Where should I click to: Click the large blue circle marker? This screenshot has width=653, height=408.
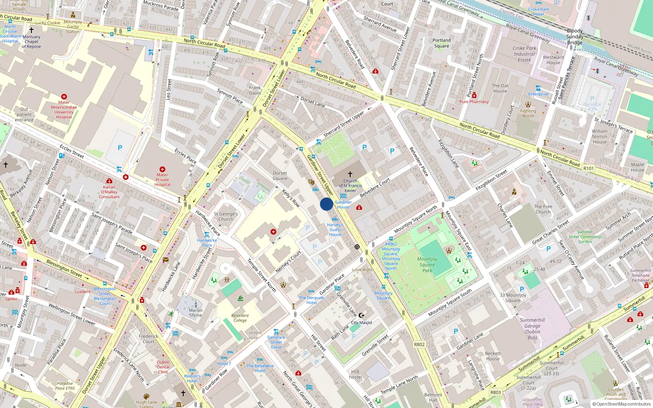[326, 204]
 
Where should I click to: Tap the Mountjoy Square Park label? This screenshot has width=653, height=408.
[427, 264]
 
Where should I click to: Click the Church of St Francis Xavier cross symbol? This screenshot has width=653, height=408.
[350, 174]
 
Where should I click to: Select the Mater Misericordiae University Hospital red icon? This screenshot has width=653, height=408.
[64, 97]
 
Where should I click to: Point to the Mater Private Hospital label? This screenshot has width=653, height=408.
[162, 180]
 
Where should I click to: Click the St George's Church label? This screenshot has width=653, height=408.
[226, 216]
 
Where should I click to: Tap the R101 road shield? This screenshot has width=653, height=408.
[588, 168]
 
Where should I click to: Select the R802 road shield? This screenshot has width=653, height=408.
[419, 344]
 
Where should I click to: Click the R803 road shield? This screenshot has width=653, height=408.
[495, 392]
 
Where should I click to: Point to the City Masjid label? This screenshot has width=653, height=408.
[361, 322]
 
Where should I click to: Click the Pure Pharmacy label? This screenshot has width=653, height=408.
[474, 102]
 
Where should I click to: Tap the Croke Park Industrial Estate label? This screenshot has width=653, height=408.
[524, 54]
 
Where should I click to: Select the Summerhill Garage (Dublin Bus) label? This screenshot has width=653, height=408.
[532, 328]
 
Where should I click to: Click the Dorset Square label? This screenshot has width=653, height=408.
[280, 175]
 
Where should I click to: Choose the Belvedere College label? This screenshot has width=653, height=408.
[240, 317]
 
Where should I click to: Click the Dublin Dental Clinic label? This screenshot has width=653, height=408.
[163, 367]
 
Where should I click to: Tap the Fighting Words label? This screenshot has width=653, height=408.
[528, 113]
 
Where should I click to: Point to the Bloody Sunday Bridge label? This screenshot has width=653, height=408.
[575, 36]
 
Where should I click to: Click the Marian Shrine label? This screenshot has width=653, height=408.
[195, 313]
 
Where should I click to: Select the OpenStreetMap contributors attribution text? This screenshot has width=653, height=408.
[622, 404]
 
